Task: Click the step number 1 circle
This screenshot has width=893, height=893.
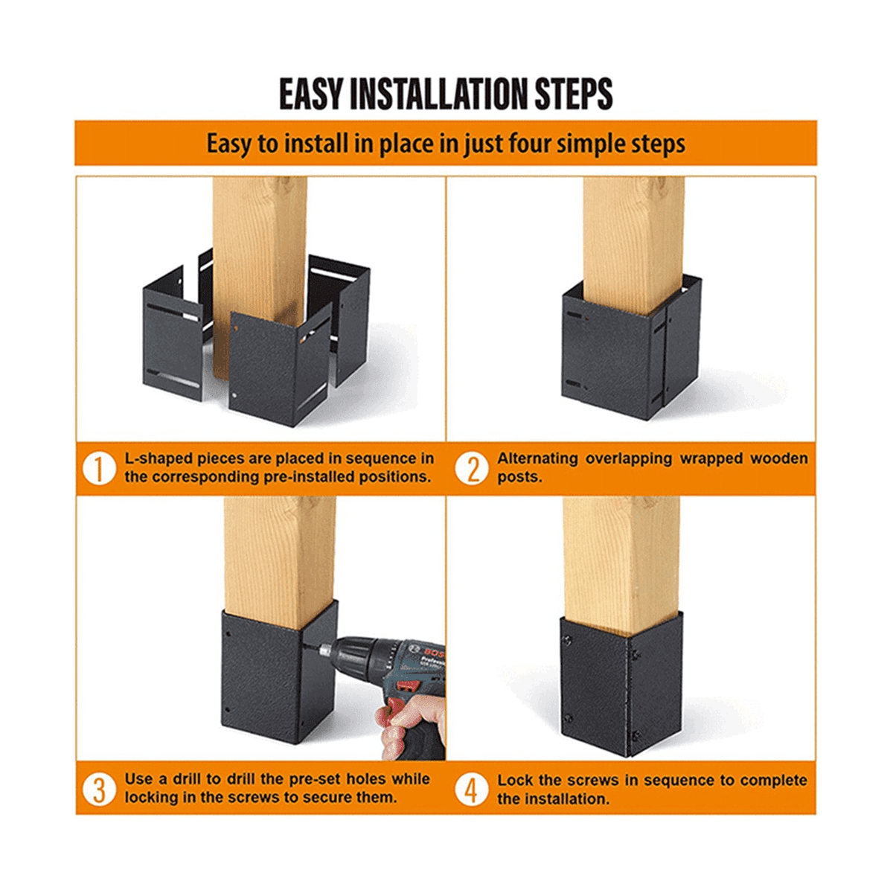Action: point(98,468)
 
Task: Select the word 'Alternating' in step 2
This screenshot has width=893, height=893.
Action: point(537,458)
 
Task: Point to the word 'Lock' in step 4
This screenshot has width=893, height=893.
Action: point(514,780)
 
